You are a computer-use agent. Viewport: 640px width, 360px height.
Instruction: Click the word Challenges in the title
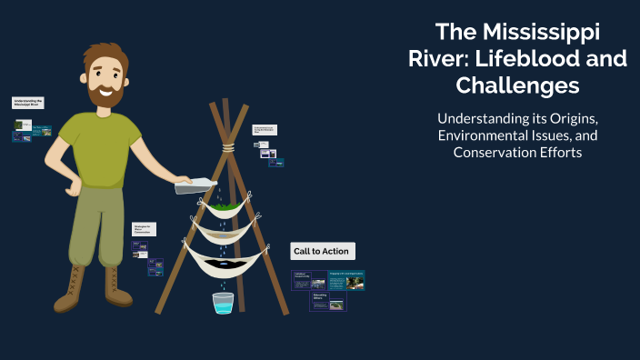(x=517, y=86)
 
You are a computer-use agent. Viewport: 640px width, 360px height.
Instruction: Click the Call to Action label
(x=320, y=251)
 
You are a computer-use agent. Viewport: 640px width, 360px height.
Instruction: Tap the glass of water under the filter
(x=223, y=303)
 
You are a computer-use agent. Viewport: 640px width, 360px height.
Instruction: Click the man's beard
(x=105, y=94)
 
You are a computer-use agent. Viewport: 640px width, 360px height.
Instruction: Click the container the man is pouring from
(x=196, y=185)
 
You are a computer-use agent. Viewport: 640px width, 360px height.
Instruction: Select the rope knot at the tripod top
(x=232, y=145)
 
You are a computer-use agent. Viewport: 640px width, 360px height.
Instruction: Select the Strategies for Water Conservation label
(x=145, y=229)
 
